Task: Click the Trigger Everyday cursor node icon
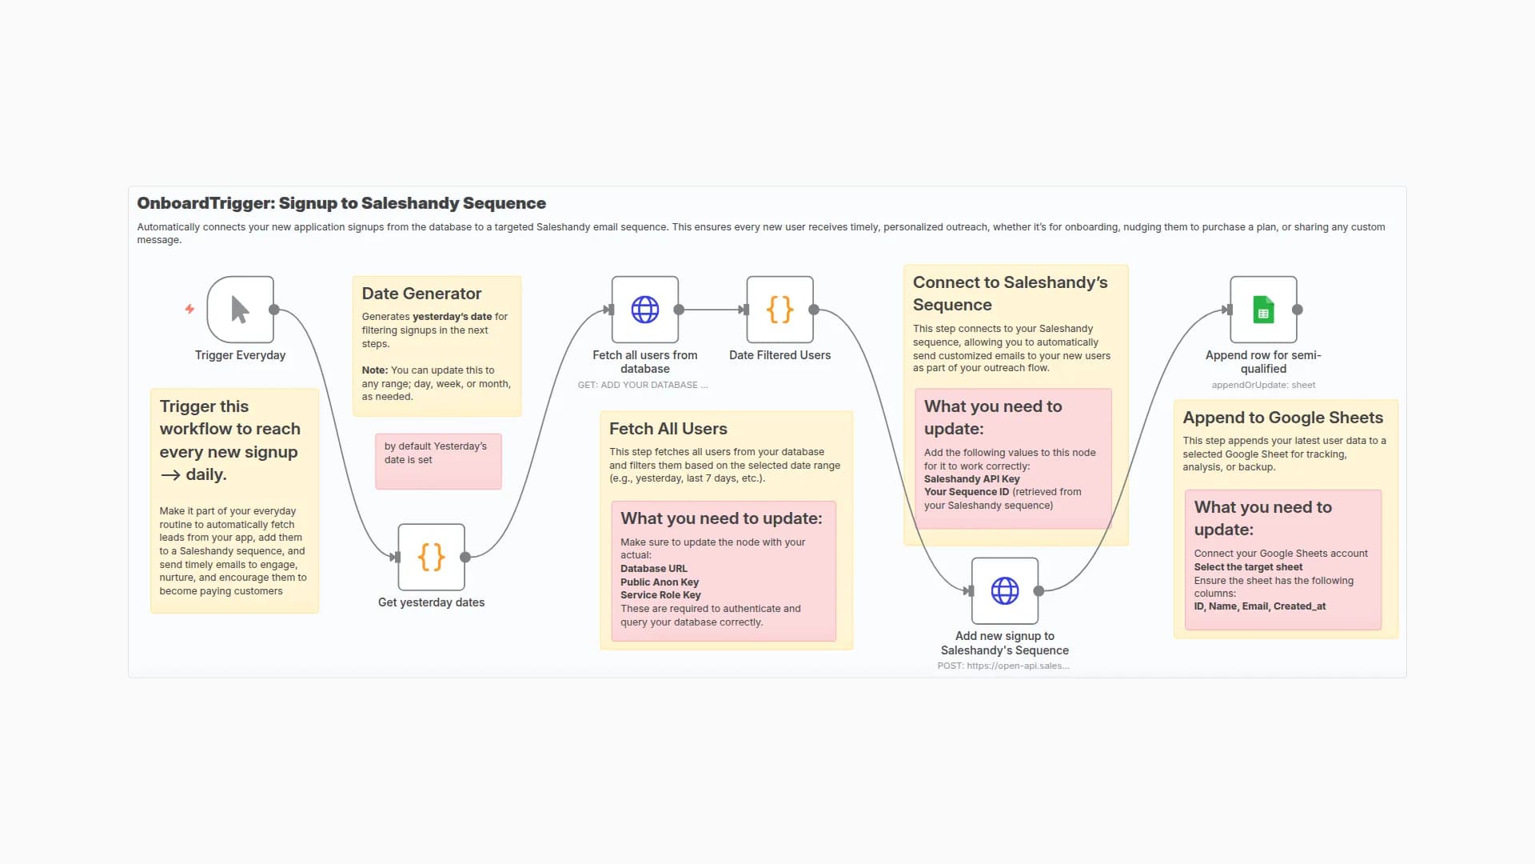tap(240, 310)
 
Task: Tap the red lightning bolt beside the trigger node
tap(189, 309)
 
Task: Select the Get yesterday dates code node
tap(431, 557)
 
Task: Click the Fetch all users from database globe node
tap(644, 310)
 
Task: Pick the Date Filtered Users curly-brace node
tap(779, 310)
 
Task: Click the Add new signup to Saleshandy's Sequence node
tap(1004, 591)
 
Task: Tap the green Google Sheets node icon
tap(1263, 310)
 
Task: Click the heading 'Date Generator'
tap(421, 294)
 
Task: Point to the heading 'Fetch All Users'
tap(668, 429)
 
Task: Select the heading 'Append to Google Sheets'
tap(1282, 418)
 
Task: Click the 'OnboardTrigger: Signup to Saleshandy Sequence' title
tap(341, 203)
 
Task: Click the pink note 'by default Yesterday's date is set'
tap(438, 461)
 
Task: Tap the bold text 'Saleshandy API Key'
tap(971, 479)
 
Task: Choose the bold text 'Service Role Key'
tap(660, 595)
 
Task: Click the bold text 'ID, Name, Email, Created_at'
tap(1259, 606)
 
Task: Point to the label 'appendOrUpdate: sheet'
tap(1263, 385)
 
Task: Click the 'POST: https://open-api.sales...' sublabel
tap(1003, 666)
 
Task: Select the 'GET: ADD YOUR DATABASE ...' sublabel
tap(642, 385)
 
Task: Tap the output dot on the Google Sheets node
tap(1298, 310)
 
